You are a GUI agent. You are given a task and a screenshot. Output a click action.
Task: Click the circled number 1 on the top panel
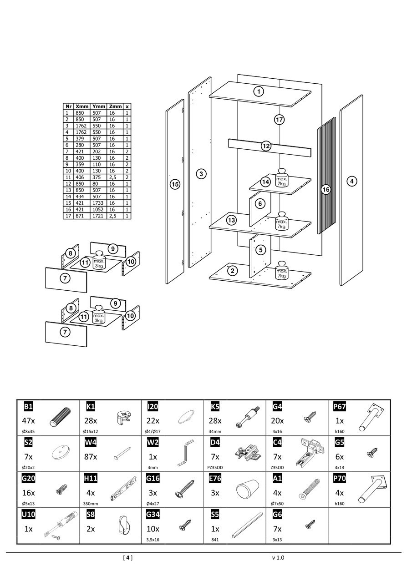pyautogui.click(x=259, y=91)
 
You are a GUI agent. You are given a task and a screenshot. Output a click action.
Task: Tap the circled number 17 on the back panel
pyautogui.click(x=279, y=120)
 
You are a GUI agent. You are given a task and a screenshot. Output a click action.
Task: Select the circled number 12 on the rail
pyautogui.click(x=266, y=146)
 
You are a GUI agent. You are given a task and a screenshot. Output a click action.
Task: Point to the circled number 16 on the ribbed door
pyautogui.click(x=326, y=189)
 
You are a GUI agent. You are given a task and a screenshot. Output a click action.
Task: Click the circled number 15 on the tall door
pyautogui.click(x=175, y=184)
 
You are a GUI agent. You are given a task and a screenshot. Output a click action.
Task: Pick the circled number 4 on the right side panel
pyautogui.click(x=351, y=182)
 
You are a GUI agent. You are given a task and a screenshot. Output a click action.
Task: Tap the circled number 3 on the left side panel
pyautogui.click(x=201, y=173)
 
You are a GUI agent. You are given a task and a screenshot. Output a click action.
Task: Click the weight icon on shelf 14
pyautogui.click(x=281, y=179)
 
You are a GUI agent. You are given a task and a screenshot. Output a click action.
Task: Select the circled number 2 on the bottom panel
pyautogui.click(x=233, y=271)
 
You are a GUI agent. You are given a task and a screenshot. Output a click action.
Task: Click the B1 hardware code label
pyautogui.click(x=28, y=406)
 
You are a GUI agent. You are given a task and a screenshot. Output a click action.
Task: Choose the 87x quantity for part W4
pyautogui.click(x=92, y=457)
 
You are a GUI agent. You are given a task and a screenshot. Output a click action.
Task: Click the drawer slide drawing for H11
pyautogui.click(x=123, y=487)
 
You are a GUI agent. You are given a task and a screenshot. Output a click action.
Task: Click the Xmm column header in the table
pyautogui.click(x=82, y=106)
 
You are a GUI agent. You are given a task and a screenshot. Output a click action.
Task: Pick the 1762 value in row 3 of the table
pyautogui.click(x=82, y=126)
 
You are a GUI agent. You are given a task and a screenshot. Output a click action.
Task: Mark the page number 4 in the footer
pyautogui.click(x=128, y=557)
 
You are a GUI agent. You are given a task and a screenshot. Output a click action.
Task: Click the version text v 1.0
pyautogui.click(x=278, y=557)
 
